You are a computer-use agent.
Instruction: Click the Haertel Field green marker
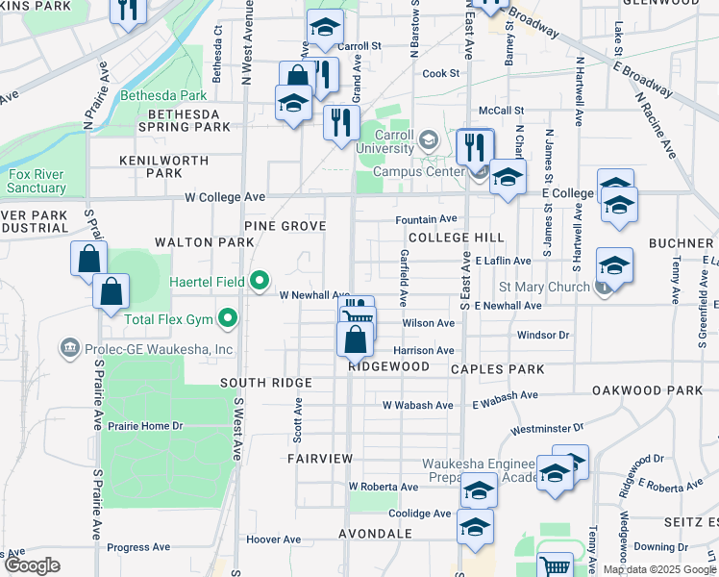coord(259,281)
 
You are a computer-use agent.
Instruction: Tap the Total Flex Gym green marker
coord(228,316)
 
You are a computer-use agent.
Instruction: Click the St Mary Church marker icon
coord(603,287)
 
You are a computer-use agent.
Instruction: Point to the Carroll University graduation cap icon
coord(428,141)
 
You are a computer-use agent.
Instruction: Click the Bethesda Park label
coord(163,96)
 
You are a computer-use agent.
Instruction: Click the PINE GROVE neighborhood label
coord(285,225)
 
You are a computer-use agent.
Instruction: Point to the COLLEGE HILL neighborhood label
coord(455,238)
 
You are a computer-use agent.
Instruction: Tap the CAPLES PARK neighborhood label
coord(497,369)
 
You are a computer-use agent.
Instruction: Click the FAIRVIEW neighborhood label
coord(320,460)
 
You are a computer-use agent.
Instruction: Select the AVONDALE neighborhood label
coord(375,533)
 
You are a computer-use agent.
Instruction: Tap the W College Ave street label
coord(225,197)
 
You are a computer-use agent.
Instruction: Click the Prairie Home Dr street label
coord(145,426)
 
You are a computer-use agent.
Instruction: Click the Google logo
coord(33,565)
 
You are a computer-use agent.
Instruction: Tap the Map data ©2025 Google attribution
coord(658,569)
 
